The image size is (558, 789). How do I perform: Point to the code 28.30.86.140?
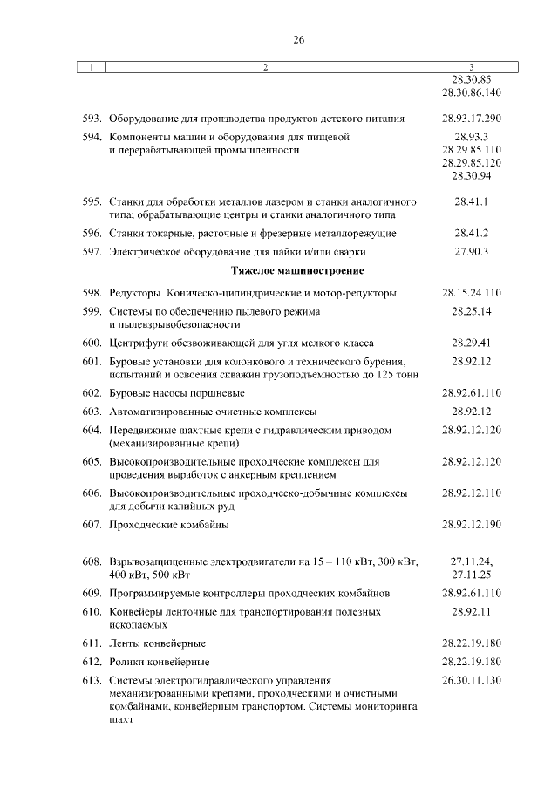[471, 92]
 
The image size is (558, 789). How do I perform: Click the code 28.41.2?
[471, 234]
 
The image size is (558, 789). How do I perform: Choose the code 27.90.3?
[471, 252]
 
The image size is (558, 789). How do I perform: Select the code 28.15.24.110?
[471, 292]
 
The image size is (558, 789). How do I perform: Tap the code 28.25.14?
[471, 311]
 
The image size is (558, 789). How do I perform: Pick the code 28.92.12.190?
[471, 524]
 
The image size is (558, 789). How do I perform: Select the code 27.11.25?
[471, 575]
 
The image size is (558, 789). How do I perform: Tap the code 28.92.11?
[471, 612]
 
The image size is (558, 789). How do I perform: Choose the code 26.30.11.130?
[471, 680]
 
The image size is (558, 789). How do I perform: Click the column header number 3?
[471, 67]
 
